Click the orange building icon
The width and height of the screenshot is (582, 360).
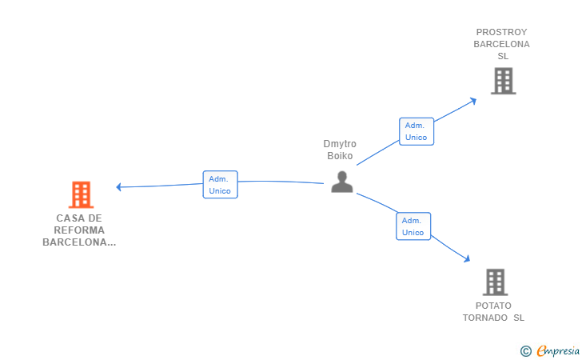81,194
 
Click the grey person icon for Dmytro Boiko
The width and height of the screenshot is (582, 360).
342,182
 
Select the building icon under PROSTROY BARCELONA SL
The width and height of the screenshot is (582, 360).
504,81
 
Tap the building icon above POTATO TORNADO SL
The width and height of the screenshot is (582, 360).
495,282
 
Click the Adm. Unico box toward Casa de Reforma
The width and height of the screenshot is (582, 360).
220,185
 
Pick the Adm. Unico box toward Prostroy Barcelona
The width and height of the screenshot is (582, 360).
417,131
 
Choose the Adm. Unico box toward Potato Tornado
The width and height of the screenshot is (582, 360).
413,226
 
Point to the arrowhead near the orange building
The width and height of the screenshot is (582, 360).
118,187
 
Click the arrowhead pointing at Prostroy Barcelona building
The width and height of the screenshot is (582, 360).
473,101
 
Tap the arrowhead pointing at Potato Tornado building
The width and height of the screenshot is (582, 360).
467,258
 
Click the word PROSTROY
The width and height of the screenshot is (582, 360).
501,32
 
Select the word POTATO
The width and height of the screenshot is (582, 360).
493,306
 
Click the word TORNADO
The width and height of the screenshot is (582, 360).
484,318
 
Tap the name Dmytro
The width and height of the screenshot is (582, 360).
340,144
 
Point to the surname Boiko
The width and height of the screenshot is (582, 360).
340,156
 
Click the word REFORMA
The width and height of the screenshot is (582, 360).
79,230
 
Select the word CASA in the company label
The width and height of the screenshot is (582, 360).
68,218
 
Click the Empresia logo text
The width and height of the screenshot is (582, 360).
558,350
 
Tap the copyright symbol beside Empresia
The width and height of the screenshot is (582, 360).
525,351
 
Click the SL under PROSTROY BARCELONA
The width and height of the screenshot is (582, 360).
503,56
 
